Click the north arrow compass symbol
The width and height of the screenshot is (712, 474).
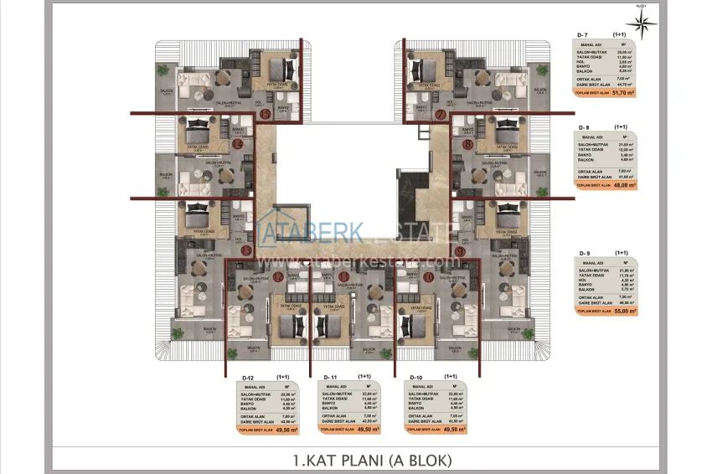tap(643, 24)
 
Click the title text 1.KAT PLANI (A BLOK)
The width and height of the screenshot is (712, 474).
tap(372, 460)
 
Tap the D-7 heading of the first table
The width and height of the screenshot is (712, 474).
tap(583, 34)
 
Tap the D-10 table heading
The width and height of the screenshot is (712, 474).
tap(414, 378)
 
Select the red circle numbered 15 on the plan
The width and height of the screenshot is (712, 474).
tap(265, 114)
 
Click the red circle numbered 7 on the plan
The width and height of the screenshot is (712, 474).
tap(440, 114)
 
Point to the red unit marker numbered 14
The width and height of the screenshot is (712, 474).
tap(238, 144)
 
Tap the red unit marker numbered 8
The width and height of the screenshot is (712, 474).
tap(467, 145)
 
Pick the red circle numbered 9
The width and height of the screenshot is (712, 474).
tap(460, 250)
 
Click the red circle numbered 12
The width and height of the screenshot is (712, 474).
tap(278, 276)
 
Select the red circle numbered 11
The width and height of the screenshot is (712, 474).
tap(344, 276)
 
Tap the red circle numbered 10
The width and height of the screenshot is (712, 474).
tap(427, 276)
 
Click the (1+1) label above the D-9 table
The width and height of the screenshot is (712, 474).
tap(621, 252)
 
